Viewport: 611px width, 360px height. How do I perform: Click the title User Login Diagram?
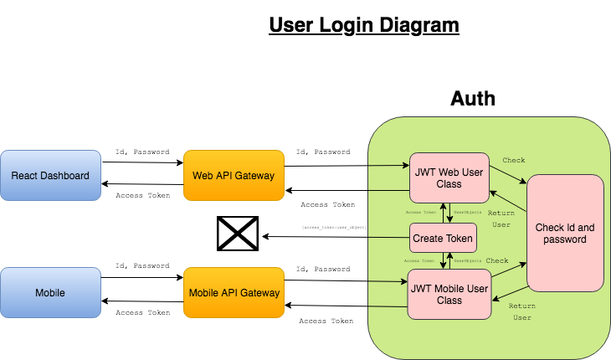(363, 26)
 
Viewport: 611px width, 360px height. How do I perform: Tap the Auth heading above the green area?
(473, 99)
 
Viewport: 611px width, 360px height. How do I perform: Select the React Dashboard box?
(49, 176)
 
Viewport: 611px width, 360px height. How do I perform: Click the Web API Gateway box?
(234, 176)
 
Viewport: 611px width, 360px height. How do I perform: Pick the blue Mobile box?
(49, 293)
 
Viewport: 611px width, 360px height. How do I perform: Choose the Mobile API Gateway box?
(234, 293)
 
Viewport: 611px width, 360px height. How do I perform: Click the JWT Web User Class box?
(449, 177)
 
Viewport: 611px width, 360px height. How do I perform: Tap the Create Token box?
(443, 239)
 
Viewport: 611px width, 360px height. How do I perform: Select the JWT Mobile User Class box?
(449, 294)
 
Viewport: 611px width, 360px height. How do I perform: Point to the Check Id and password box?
(565, 233)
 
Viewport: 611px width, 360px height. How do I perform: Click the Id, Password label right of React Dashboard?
(141, 152)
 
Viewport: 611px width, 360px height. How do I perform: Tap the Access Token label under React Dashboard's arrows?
(141, 195)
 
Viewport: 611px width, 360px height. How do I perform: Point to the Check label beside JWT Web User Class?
(513, 160)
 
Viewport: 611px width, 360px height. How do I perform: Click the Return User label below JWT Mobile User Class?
(521, 311)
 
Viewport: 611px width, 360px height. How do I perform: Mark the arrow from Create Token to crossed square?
(335, 236)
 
